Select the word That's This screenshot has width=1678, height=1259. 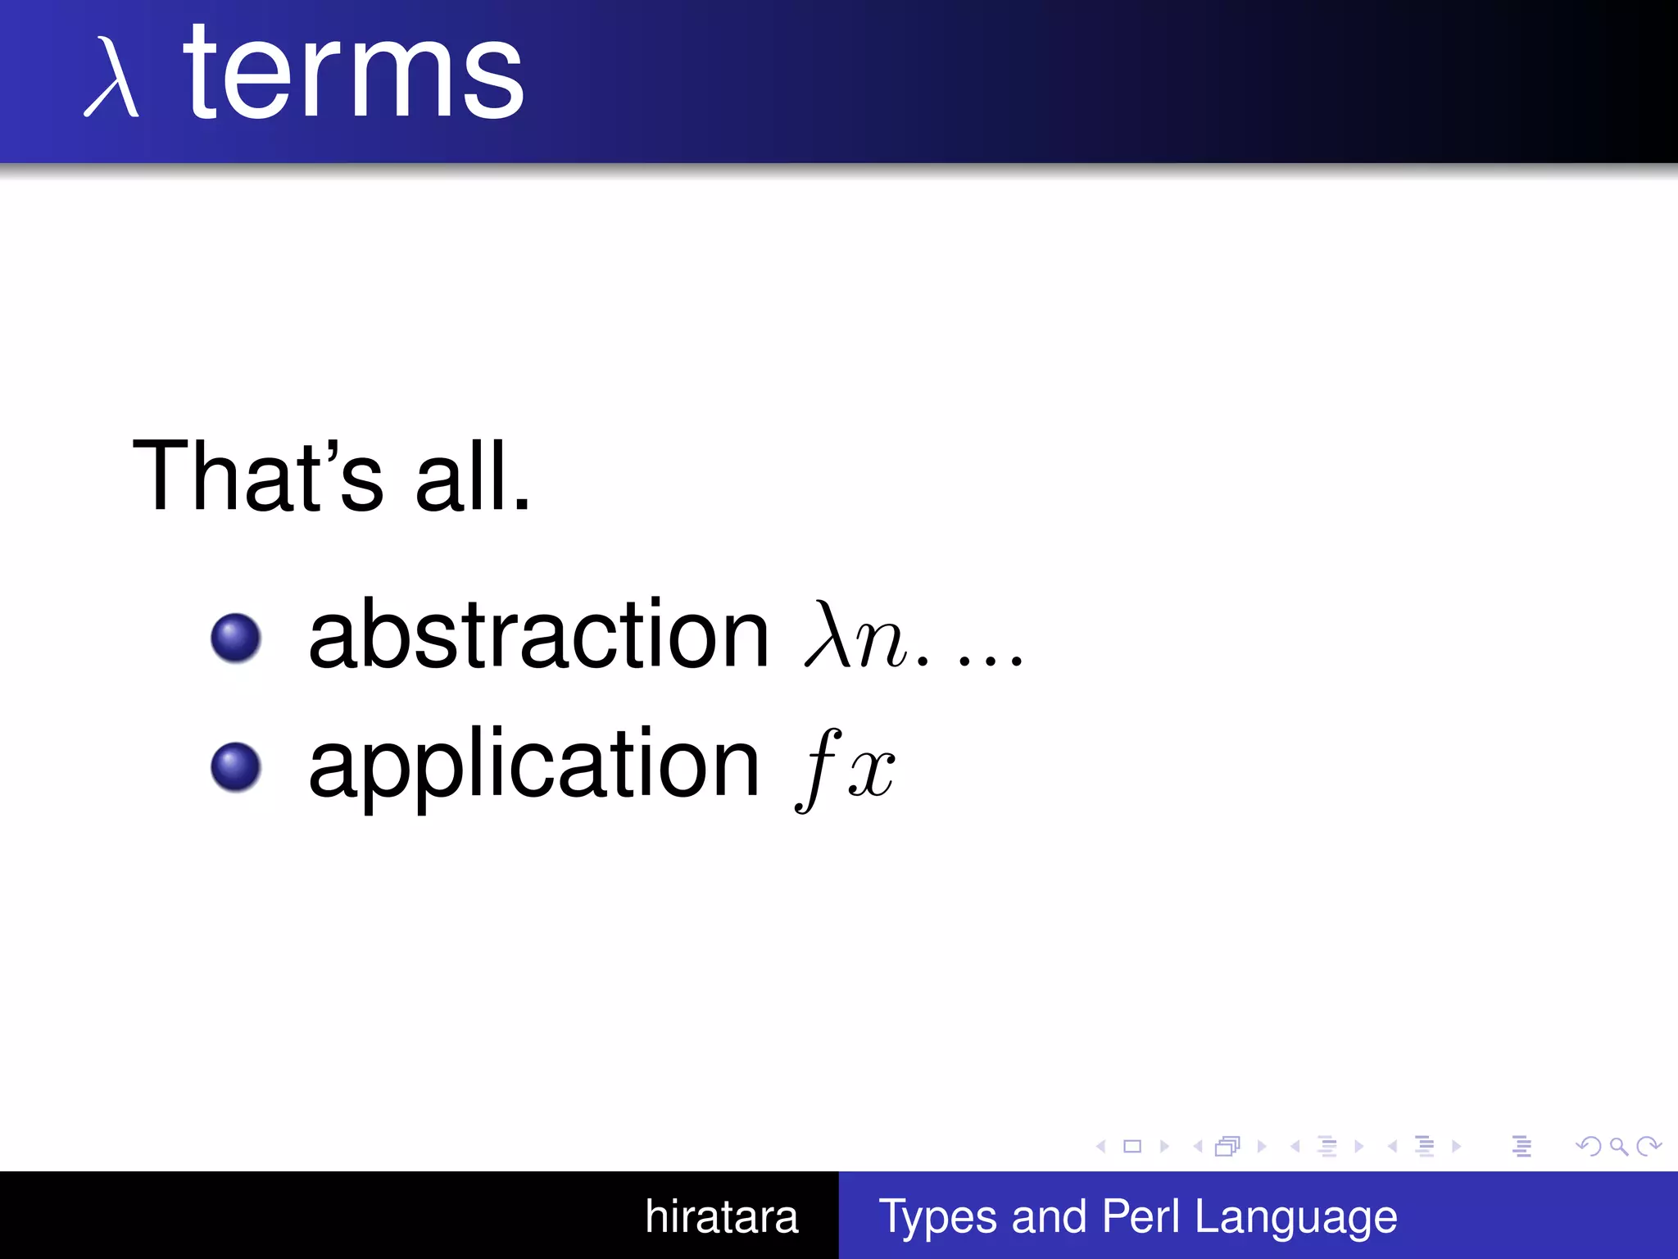256,476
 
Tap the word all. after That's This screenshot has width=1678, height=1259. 473,476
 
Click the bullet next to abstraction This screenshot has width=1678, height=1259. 235,638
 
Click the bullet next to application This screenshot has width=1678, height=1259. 235,767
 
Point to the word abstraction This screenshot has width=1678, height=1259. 538,635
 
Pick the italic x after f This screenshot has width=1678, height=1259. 871,774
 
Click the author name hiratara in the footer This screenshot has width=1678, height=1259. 721,1216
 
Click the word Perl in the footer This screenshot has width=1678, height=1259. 1141,1216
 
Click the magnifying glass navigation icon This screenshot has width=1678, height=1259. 1618,1147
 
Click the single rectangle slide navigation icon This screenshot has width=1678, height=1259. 1132,1147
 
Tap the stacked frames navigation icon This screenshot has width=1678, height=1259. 1227,1147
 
